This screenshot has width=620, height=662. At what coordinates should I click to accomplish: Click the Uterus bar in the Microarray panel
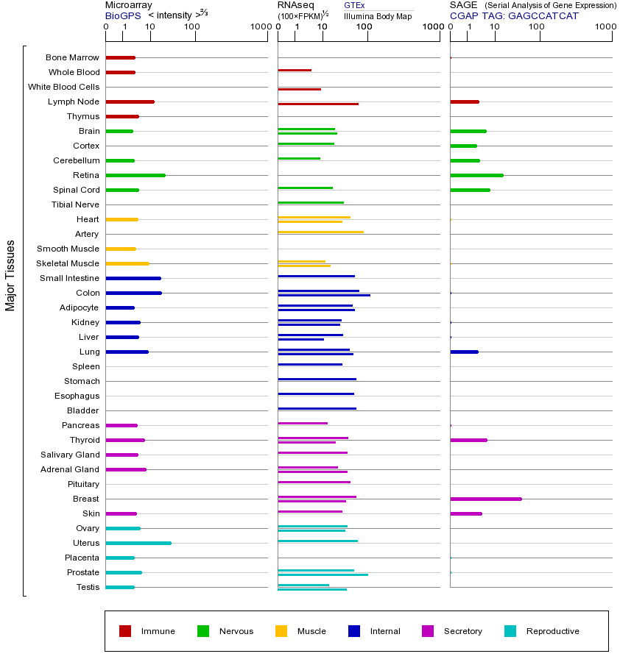138,543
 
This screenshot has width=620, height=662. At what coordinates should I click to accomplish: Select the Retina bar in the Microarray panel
135,175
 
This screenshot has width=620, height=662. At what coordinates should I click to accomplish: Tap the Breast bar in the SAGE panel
485,499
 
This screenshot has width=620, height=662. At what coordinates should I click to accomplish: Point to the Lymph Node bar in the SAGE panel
464,102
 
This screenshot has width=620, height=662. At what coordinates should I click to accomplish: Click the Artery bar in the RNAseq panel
320,232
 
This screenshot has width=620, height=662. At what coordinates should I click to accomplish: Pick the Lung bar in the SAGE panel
464,352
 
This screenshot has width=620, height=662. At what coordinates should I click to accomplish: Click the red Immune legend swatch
125,631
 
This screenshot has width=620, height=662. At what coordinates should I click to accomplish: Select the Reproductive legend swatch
510,631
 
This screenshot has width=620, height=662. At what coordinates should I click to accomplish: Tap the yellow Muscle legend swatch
281,631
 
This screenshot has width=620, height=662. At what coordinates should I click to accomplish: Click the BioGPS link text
122,15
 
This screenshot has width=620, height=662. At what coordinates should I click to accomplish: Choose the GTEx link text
354,5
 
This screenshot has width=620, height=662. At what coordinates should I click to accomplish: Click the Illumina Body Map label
378,16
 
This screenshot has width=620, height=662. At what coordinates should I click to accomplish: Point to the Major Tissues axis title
10,274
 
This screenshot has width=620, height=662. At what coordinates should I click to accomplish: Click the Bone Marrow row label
72,57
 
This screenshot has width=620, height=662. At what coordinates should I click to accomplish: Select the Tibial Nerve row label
75,204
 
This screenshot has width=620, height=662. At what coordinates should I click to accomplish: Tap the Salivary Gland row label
70,455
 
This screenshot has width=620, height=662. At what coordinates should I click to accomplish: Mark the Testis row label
88,587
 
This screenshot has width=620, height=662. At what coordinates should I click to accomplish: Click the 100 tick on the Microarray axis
192,27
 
